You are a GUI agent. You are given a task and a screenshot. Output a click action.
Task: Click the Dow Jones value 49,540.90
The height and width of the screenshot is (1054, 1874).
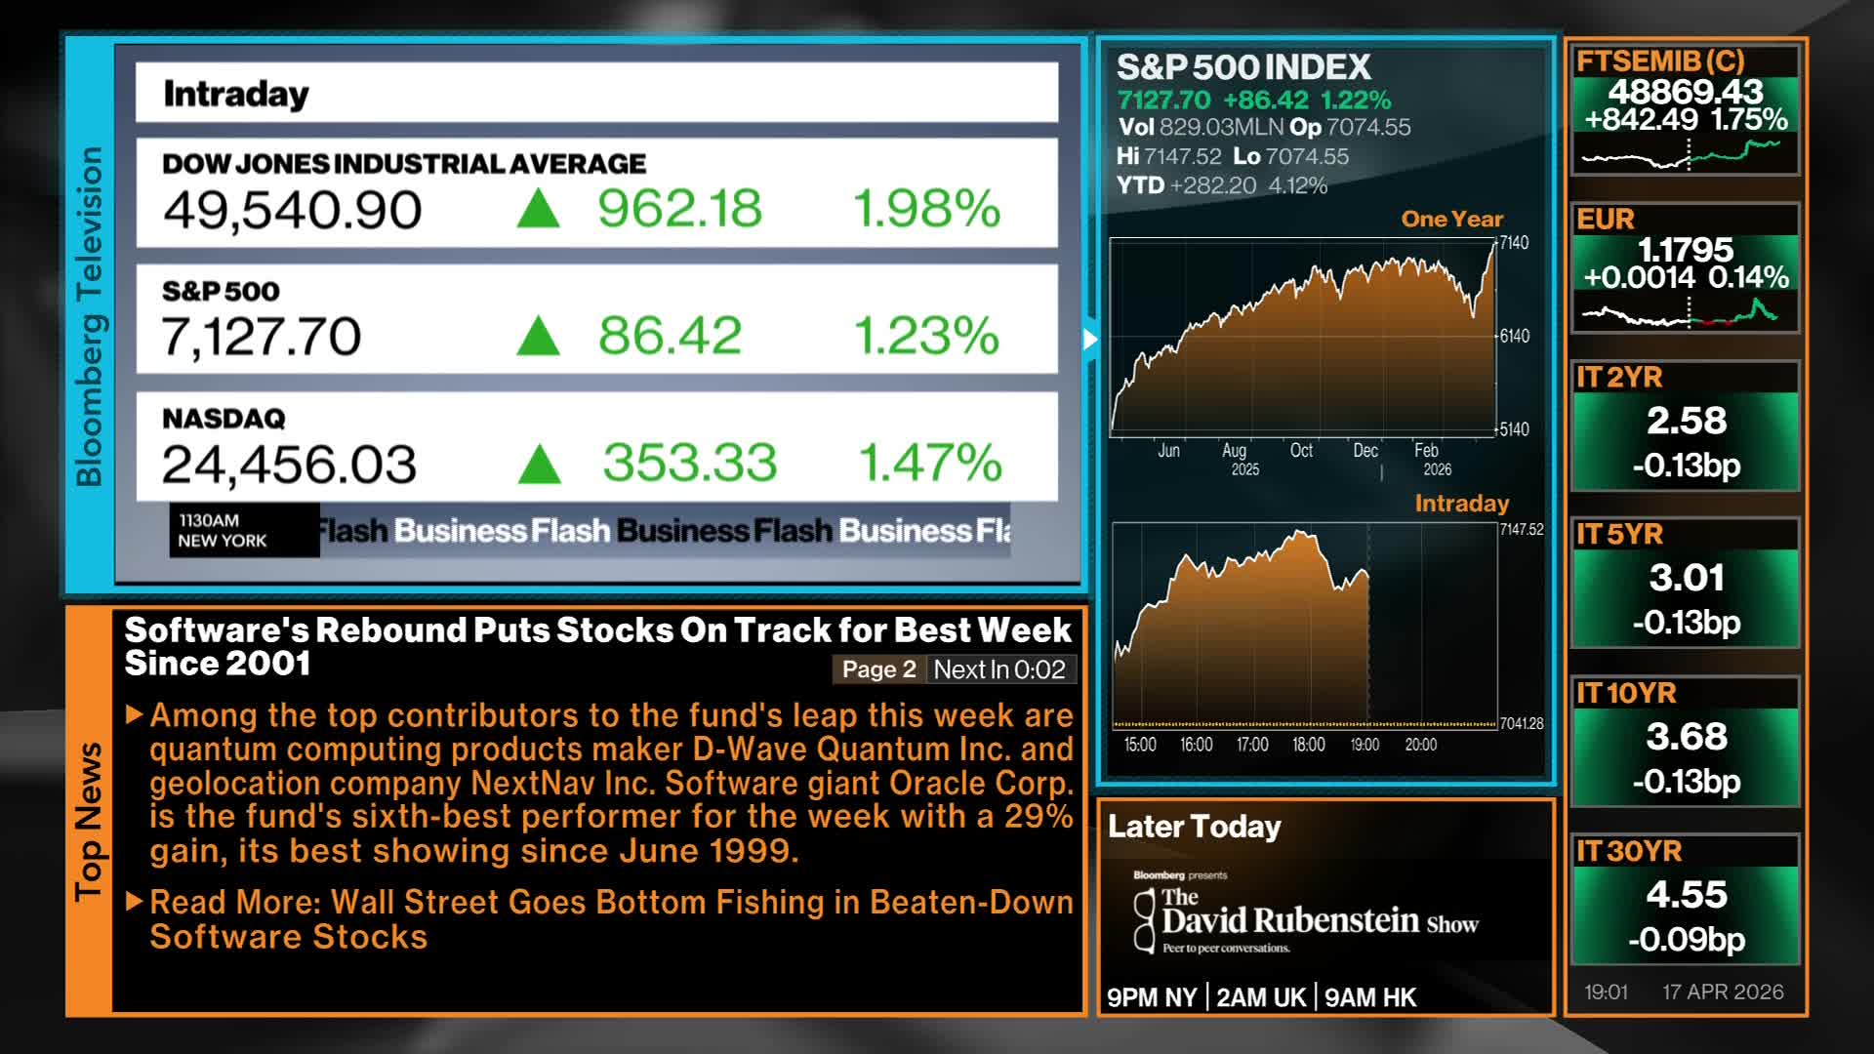click(x=292, y=210)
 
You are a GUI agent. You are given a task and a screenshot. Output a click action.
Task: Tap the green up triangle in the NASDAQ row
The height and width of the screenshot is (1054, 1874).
click(x=539, y=464)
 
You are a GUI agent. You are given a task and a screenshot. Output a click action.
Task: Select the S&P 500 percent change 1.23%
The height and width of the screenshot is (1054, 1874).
click(x=926, y=336)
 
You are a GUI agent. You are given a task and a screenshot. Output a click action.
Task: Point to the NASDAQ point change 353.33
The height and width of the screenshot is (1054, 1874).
click(x=689, y=463)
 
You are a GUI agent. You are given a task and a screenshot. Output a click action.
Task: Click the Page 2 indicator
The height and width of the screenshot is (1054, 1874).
click(x=878, y=669)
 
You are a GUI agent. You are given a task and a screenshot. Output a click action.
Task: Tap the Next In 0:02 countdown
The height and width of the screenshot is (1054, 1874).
click(x=999, y=669)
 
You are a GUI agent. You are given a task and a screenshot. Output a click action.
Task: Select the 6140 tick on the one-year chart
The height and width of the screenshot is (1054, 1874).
click(x=1514, y=336)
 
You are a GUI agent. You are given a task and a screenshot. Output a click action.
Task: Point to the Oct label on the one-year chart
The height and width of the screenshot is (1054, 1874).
click(x=1301, y=450)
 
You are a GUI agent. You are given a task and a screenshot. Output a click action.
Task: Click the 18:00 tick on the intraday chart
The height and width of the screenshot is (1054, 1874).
click(x=1308, y=745)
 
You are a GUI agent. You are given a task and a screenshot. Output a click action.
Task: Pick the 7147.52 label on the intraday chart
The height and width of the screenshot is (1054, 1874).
click(x=1522, y=529)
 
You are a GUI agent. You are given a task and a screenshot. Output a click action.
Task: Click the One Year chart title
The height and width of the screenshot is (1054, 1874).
click(x=1451, y=219)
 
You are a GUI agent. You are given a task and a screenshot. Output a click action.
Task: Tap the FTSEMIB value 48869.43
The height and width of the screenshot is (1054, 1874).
click(x=1686, y=92)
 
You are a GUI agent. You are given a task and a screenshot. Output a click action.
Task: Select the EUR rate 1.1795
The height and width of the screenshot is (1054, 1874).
click(x=1686, y=250)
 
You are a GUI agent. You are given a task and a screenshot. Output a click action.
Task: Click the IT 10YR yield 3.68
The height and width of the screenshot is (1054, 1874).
click(x=1686, y=737)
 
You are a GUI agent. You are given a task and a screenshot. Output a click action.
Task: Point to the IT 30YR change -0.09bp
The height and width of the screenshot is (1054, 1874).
click(x=1686, y=939)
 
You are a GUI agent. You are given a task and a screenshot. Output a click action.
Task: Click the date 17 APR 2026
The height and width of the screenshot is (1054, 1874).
click(x=1723, y=992)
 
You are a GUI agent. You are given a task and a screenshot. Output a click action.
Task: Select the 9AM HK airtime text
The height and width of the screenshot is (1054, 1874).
click(x=1370, y=997)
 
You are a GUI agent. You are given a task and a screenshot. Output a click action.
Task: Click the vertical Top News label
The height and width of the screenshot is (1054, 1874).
click(x=89, y=821)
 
